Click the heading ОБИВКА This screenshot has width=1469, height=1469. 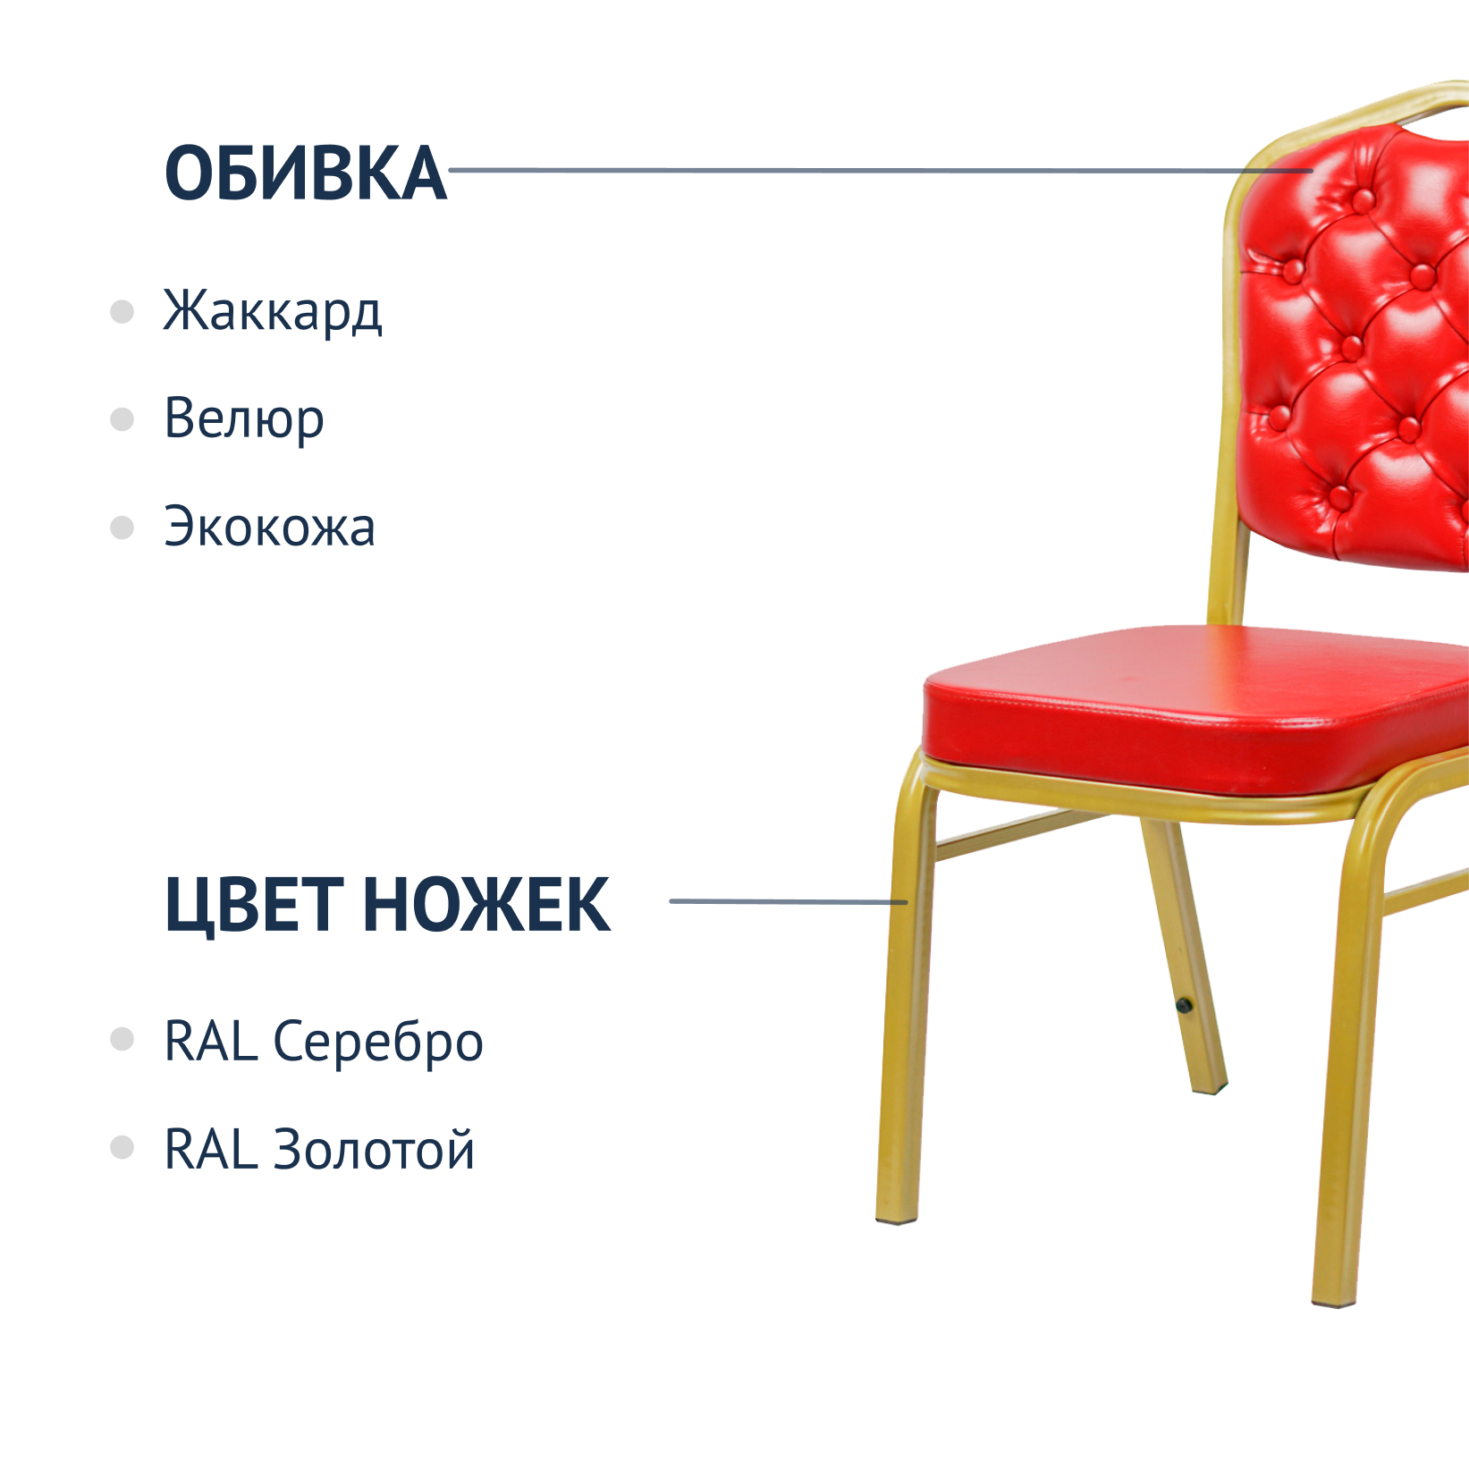305,173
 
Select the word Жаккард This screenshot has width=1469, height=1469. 273,311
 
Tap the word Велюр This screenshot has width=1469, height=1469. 244,418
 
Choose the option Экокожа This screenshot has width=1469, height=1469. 269,527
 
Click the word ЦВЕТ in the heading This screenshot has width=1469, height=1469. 254,905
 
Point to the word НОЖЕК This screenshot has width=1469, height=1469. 486,905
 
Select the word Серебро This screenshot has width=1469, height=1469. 377,1043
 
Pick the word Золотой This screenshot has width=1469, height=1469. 373,1148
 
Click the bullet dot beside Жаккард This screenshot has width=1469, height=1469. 122,311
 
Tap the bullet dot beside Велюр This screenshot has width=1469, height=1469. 122,419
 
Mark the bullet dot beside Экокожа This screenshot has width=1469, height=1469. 122,528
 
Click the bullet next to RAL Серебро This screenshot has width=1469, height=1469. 122,1039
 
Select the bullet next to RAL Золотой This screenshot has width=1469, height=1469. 122,1147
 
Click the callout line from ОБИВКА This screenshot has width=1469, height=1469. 881,170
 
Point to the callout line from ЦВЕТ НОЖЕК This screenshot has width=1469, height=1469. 789,901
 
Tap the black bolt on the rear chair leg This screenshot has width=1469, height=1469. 1184,1006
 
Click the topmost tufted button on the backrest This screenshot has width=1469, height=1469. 1362,200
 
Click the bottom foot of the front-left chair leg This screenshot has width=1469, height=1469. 896,1217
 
